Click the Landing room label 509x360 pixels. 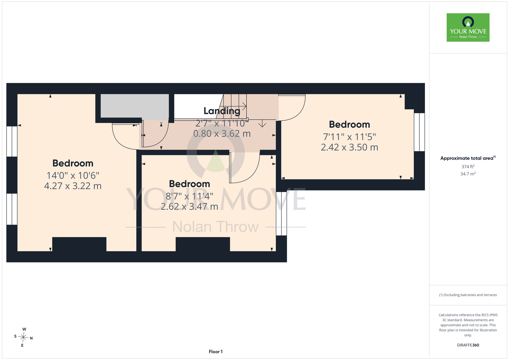[222, 111]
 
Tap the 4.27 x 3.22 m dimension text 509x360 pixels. [73, 186]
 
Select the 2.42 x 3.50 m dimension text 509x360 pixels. [349, 147]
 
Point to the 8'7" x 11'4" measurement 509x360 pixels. [190, 196]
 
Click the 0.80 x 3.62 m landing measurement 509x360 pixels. [222, 133]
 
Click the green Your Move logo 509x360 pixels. [468, 27]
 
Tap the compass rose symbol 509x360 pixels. [23, 338]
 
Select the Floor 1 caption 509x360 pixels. [216, 352]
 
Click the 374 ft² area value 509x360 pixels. [468, 167]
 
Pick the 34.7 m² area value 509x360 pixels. [468, 174]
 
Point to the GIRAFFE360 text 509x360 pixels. [468, 345]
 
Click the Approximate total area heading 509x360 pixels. [468, 158]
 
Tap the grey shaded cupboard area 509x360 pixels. [135, 106]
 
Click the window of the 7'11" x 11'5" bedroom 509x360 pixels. [419, 132]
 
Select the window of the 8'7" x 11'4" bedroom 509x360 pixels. [281, 213]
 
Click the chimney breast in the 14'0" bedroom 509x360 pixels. [79, 244]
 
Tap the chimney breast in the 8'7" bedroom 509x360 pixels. [203, 244]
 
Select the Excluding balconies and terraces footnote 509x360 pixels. [468, 295]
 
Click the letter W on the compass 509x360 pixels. [24, 329]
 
